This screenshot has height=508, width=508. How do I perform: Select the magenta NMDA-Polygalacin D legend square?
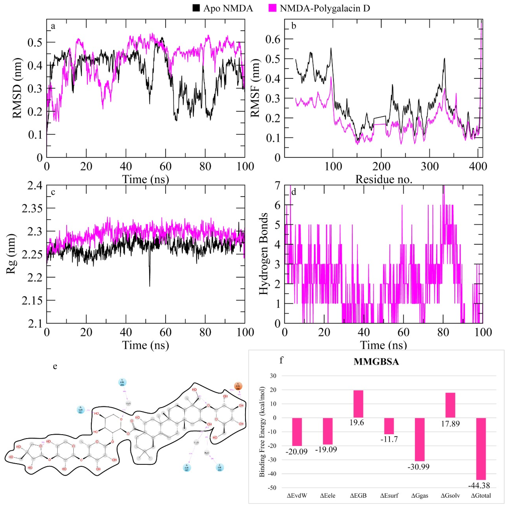(272, 8)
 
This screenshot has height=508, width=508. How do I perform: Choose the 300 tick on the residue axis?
(430, 166)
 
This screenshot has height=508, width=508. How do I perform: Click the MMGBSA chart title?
(376, 362)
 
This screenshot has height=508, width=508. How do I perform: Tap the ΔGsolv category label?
(450, 496)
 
